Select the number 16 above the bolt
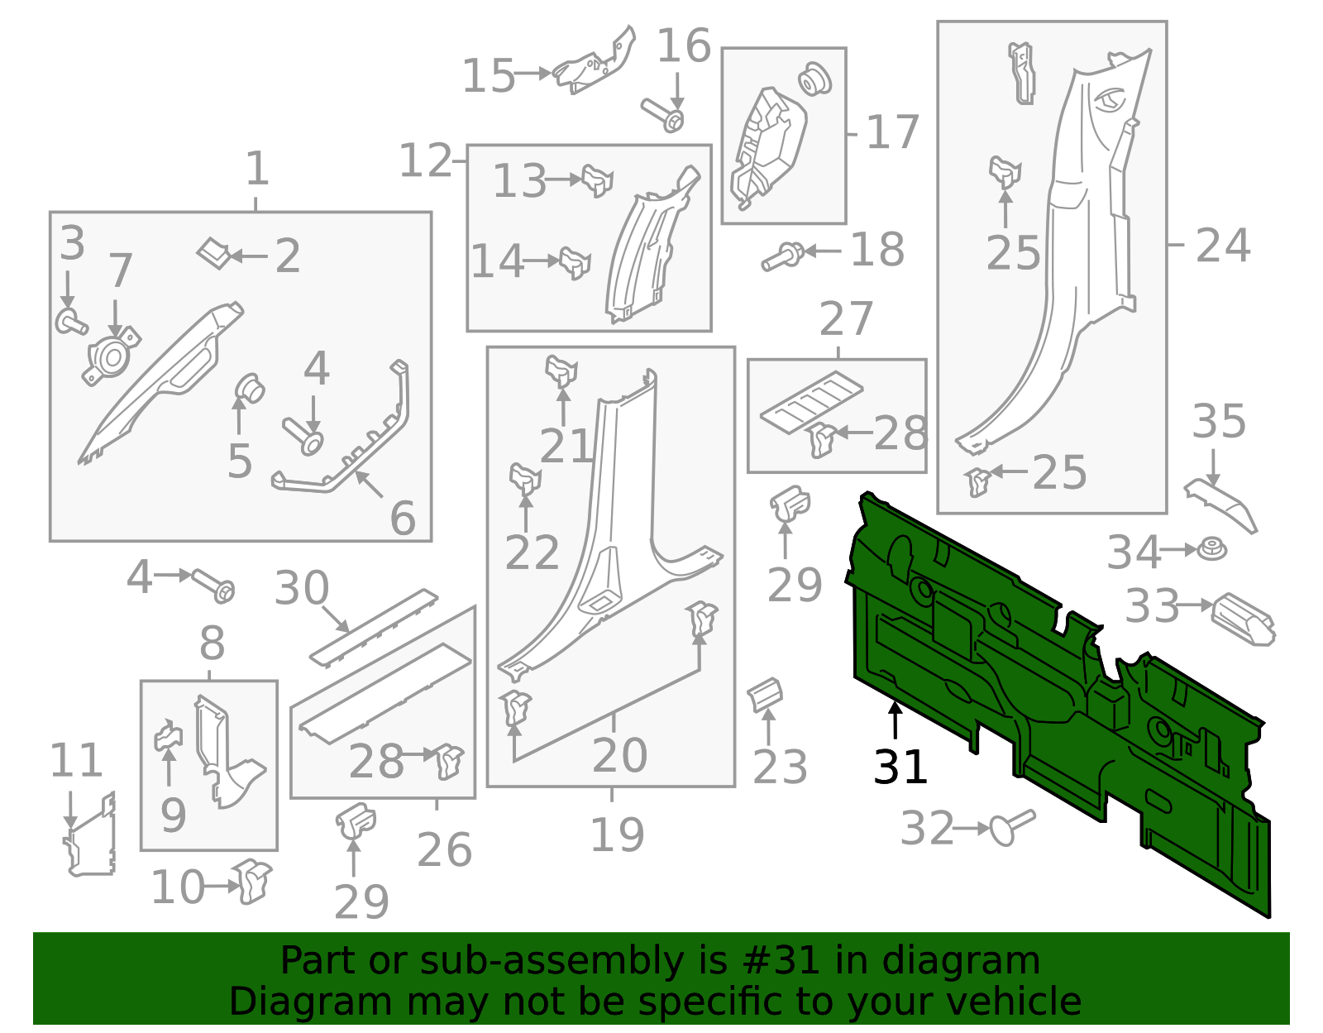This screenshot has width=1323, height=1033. pyautogui.click(x=684, y=46)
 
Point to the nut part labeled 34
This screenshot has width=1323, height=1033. pyautogui.click(x=1212, y=549)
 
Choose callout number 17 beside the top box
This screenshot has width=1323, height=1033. pyautogui.click(x=892, y=132)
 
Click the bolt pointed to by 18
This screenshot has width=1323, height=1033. pyautogui.click(x=781, y=256)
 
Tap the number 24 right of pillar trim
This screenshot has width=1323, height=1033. pyautogui.click(x=1222, y=246)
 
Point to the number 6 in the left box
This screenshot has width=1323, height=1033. pyautogui.click(x=403, y=519)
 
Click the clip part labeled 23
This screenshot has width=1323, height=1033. pyautogui.click(x=765, y=695)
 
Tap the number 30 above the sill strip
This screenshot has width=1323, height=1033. pyautogui.click(x=302, y=588)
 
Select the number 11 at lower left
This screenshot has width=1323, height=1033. pyautogui.click(x=76, y=761)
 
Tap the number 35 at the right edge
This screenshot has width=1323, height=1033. pyautogui.click(x=1218, y=422)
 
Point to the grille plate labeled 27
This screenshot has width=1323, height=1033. pyautogui.click(x=811, y=403)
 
